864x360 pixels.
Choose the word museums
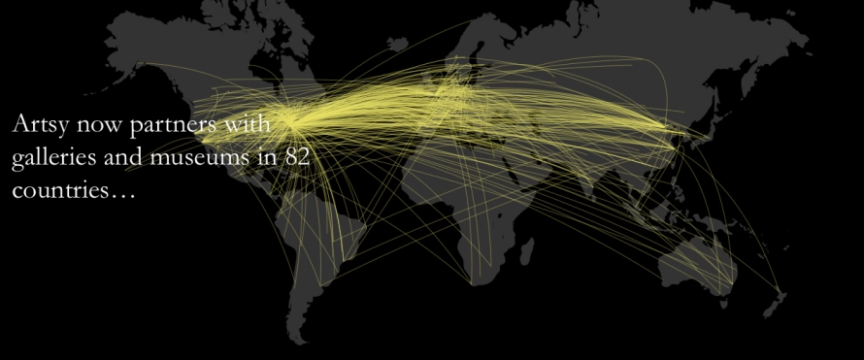[202, 158]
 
